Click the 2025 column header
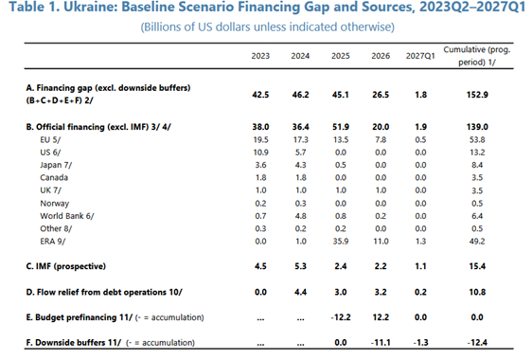(x=340, y=56)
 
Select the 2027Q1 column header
(x=420, y=56)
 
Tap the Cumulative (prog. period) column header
(x=477, y=56)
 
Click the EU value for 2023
(x=260, y=139)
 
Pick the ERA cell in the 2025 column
(x=340, y=242)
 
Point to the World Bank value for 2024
(x=301, y=216)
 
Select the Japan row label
(x=56, y=165)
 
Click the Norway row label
(x=55, y=204)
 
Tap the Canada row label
(x=54, y=177)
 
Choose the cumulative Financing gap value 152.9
(x=477, y=95)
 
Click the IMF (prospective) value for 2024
(x=301, y=266)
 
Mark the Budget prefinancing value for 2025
(x=340, y=317)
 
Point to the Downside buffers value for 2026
(x=381, y=342)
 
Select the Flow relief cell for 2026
(x=381, y=292)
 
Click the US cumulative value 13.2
(x=477, y=153)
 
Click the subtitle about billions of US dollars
(x=268, y=27)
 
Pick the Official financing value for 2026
(x=381, y=127)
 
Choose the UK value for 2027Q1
(x=420, y=190)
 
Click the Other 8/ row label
(x=56, y=228)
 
